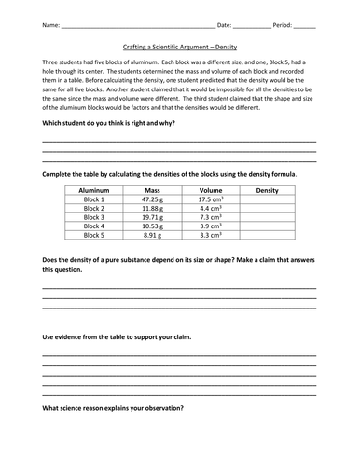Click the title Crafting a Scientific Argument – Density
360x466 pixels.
coord(179,44)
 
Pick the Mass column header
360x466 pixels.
coord(153,190)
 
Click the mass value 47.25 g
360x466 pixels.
coord(153,199)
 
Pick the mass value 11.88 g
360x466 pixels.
coord(153,208)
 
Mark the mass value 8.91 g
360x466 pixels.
coord(153,235)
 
